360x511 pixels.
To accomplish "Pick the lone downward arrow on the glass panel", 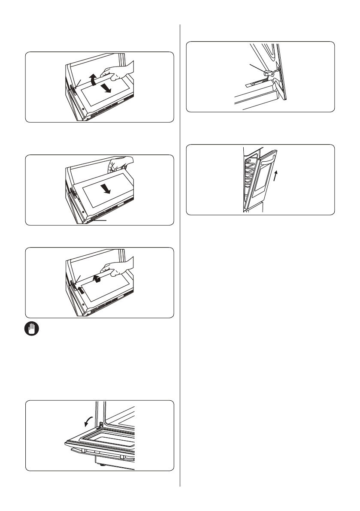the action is point(107,189).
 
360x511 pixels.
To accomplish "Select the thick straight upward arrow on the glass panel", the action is point(79,289).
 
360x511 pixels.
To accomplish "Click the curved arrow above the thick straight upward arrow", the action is point(98,280).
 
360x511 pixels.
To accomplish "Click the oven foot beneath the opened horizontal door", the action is point(102,465).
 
